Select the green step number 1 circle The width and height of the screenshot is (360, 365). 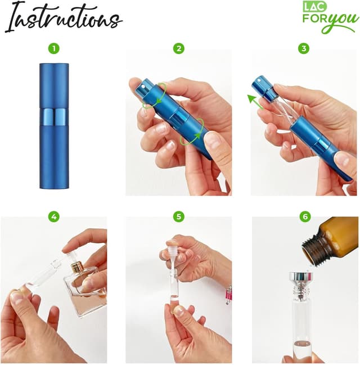point(53,48)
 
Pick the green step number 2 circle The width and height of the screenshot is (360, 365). point(179,48)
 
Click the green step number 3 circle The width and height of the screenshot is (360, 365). point(304,48)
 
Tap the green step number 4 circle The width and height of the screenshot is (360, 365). point(53,216)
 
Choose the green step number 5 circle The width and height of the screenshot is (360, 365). point(179,216)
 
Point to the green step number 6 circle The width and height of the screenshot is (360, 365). point(304,216)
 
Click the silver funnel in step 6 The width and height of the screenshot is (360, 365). point(301,280)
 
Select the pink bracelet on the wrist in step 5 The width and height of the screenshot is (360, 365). point(229,294)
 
